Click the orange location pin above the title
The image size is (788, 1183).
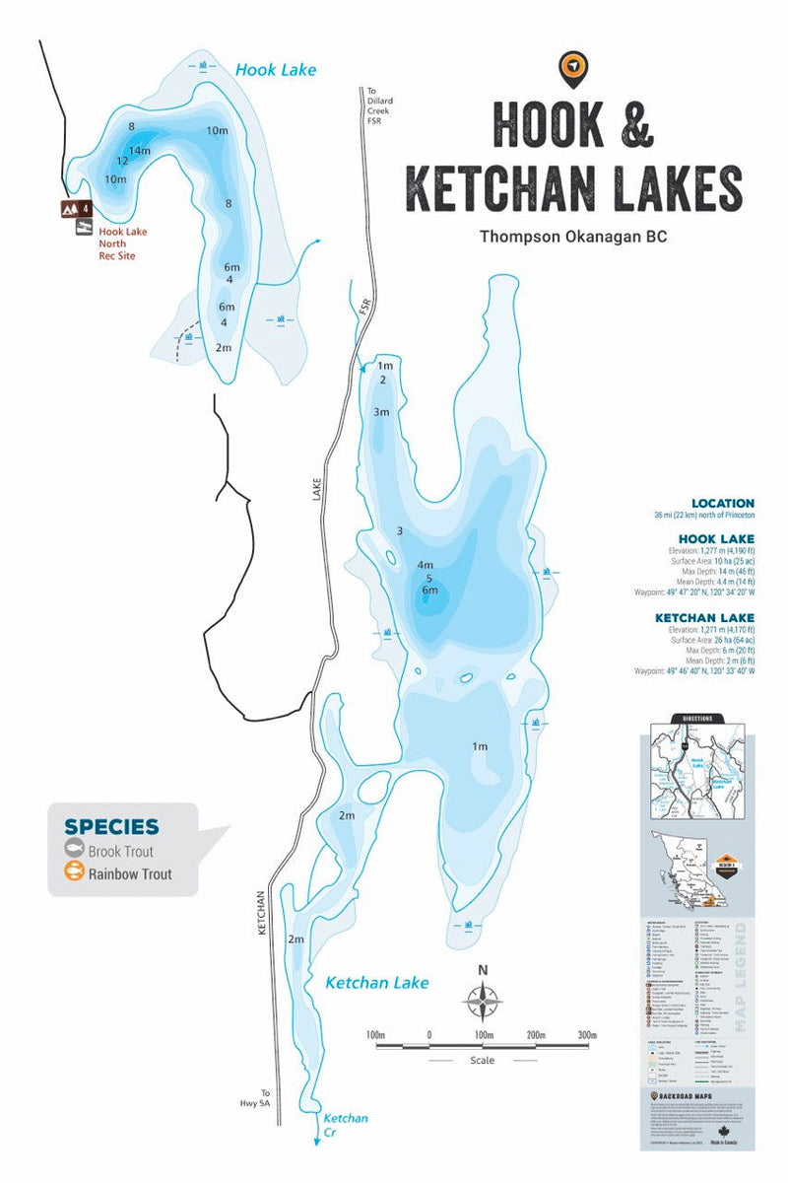pos(572,67)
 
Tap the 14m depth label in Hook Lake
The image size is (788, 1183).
pos(140,150)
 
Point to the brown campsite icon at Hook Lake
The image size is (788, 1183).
pos(71,208)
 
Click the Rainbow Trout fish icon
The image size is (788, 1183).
pos(73,872)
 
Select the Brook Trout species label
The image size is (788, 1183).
pos(120,850)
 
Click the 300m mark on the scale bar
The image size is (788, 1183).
pos(587,1035)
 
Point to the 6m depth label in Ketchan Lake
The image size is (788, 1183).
pos(429,591)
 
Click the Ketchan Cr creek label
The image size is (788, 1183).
pos(346,1125)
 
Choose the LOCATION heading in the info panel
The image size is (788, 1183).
pos(722,503)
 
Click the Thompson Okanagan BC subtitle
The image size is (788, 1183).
pos(572,237)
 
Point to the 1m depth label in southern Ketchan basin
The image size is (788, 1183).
pos(479,746)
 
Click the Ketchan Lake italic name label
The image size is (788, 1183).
pos(377,982)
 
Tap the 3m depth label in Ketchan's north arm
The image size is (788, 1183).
pos(381,412)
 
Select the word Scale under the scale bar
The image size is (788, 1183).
pos(482,1061)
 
